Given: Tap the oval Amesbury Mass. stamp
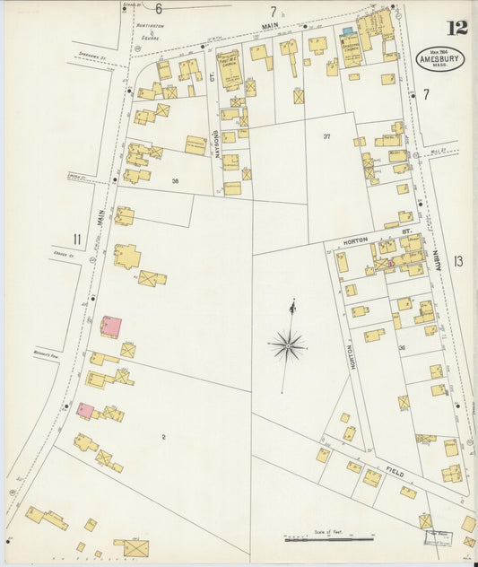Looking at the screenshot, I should (440, 58).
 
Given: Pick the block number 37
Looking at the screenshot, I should (327, 135).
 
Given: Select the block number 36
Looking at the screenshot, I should (402, 348).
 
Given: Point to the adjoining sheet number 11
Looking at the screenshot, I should (77, 238).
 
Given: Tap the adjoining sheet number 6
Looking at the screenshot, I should (158, 9).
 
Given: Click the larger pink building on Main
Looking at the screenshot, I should (111, 327).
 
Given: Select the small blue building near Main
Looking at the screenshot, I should (347, 31).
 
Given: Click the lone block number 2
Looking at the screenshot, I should (163, 437).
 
